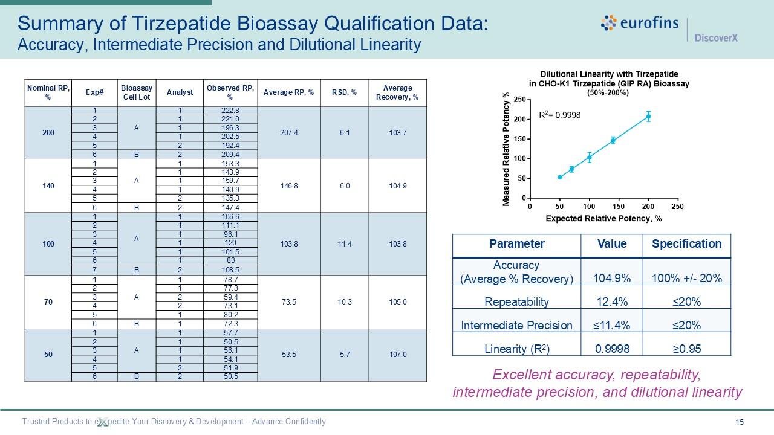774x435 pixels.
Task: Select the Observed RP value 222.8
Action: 230,111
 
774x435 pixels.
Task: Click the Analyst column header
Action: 180,92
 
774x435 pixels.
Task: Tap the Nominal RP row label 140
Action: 48,185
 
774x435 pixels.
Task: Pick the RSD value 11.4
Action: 345,244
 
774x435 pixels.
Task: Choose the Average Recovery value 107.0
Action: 397,355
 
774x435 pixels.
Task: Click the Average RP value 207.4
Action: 289,133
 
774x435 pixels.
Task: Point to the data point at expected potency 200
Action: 648,117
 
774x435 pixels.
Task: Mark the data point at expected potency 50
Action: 560,177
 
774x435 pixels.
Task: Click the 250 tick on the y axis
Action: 519,100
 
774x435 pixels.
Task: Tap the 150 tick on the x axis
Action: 619,207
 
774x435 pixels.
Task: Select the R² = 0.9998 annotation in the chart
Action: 559,115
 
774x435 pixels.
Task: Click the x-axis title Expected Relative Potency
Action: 603,218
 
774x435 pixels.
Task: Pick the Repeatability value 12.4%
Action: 611,301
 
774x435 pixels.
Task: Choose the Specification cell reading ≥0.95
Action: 686,349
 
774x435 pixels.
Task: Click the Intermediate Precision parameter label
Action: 516,325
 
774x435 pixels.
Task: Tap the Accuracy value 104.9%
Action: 611,278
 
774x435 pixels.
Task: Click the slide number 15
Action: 740,422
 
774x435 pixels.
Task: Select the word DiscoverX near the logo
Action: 716,38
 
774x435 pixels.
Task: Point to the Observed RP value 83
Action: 230,260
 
